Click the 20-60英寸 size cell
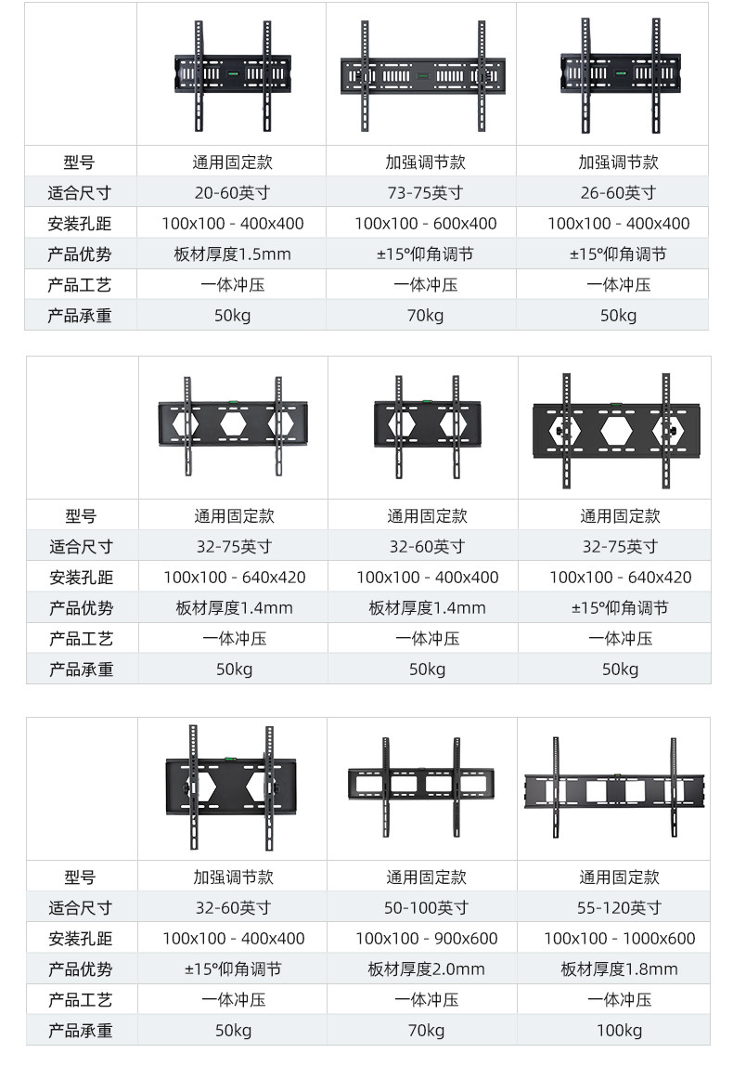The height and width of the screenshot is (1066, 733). pos(232,193)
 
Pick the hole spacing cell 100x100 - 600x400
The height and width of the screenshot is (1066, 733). pos(425,224)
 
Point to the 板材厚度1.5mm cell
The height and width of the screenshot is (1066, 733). pos(232,254)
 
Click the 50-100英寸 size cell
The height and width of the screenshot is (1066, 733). pos(426,908)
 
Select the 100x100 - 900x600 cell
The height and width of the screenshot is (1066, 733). pos(426,939)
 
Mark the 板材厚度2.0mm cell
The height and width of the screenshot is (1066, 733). pos(426,969)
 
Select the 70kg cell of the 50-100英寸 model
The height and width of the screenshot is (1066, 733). pos(426,1031)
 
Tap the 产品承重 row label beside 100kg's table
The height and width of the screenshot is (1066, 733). pos(81,1031)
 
